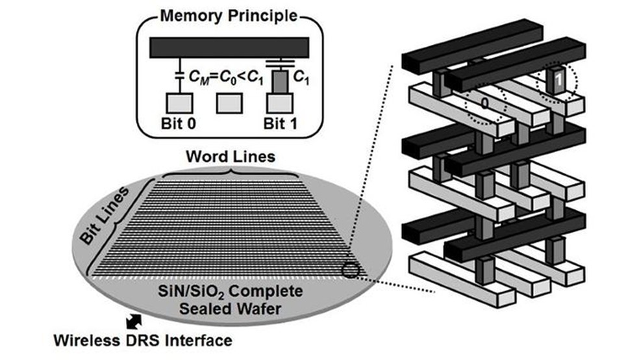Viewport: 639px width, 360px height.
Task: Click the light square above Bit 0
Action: [x=177, y=103]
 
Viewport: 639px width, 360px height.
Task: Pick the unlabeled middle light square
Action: [x=229, y=103]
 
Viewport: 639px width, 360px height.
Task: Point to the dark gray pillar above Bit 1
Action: [x=281, y=82]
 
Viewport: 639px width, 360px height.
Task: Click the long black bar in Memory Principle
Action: [x=229, y=47]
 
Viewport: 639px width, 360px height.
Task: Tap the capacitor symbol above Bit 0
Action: [x=177, y=77]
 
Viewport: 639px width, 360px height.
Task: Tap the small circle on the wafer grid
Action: [x=349, y=269]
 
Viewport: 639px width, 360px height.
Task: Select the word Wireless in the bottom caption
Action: [x=86, y=339]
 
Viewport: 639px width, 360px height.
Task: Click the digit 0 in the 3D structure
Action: [x=483, y=103]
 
